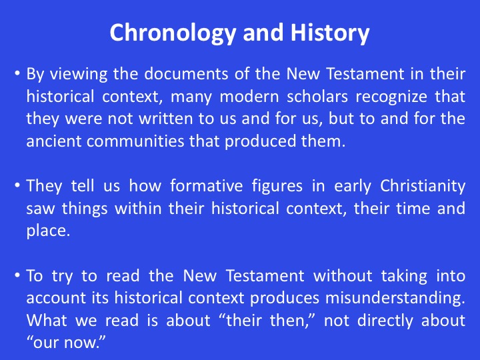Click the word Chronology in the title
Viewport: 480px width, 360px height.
coord(173,33)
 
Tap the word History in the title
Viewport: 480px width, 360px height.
coord(330,33)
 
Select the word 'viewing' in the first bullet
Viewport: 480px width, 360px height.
coord(79,75)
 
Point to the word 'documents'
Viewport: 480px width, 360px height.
coord(186,74)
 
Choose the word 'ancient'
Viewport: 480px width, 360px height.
coord(53,141)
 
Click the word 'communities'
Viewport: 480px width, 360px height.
coord(135,141)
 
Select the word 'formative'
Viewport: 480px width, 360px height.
coord(207,186)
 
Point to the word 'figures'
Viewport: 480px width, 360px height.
coord(277,187)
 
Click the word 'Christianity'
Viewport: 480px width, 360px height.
coord(423,187)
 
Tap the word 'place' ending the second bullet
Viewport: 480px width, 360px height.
coord(46,231)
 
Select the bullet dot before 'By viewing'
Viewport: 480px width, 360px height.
coord(17,74)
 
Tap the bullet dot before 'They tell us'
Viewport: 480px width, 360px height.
coord(17,185)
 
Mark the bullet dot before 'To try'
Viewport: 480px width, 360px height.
coord(17,275)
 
